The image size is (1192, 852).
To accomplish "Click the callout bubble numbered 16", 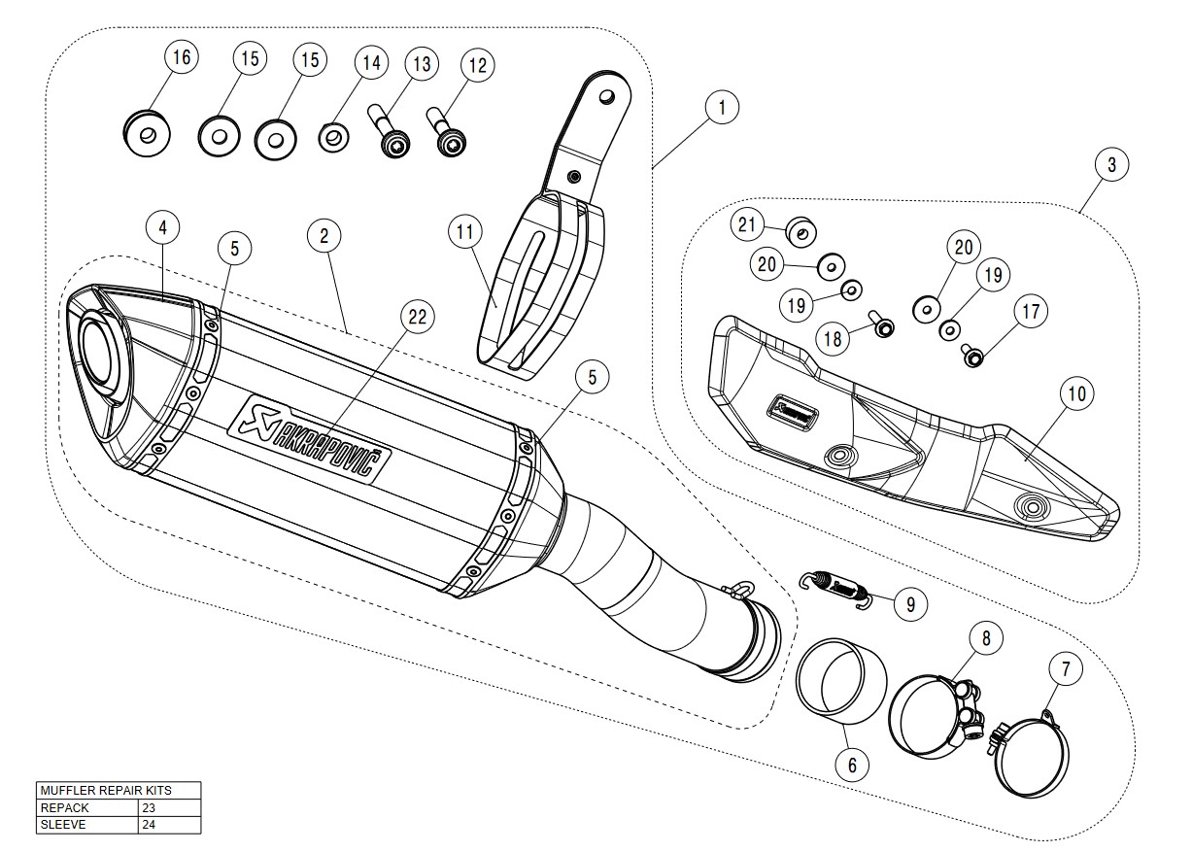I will (181, 57).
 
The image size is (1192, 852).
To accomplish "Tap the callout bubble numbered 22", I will (417, 317).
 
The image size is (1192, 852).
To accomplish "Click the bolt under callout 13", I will (392, 139).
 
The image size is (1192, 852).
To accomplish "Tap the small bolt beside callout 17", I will (971, 356).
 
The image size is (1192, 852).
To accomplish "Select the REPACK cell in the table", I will (87, 807).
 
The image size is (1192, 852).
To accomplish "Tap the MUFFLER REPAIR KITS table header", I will (118, 790).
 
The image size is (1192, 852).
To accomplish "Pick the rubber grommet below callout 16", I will (147, 133).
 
